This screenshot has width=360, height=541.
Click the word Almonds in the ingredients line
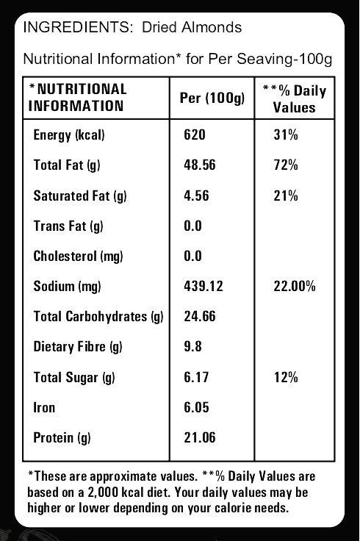coord(212,27)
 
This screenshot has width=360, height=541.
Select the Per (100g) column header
coord(212,98)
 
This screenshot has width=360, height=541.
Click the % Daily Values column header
coord(295,99)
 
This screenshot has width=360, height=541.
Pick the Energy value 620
coord(195,135)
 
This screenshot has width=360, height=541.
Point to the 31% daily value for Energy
coord(286,135)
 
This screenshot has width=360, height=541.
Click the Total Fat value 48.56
coord(200,165)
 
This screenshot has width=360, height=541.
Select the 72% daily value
coord(286,165)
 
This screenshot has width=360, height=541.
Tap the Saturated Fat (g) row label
coord(80,196)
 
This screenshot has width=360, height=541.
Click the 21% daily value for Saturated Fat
coord(286,196)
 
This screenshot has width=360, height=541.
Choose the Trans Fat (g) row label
coord(68,226)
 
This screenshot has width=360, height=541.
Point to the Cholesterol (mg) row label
coord(79,257)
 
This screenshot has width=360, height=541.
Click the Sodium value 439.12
coord(204,286)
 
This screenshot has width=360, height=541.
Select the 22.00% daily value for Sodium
coord(295,286)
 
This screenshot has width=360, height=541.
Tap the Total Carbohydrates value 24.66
coord(200,316)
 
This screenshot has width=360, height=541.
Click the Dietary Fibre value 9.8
coord(192,346)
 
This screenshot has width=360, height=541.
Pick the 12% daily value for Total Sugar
coord(286,377)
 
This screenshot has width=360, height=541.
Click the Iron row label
coord(44,407)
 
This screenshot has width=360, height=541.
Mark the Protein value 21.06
coord(200,437)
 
